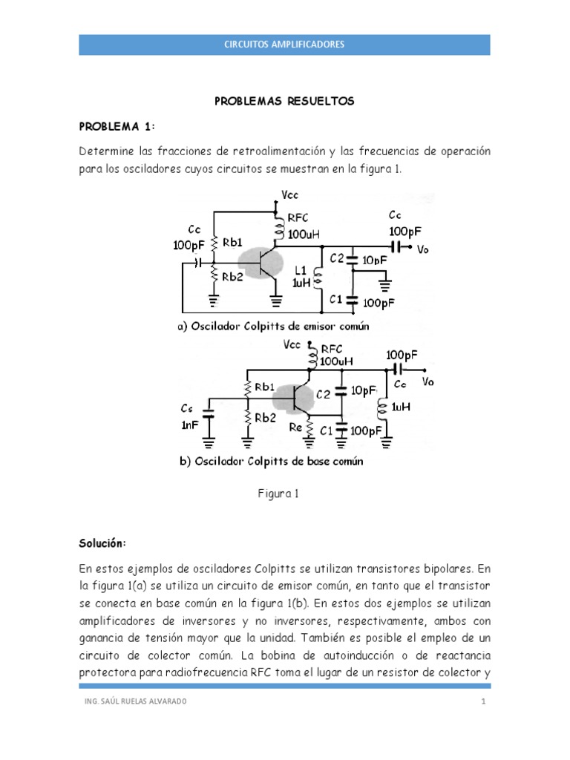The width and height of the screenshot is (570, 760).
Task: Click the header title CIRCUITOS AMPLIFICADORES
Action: [284, 45]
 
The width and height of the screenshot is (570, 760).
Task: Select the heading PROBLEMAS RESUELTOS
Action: [285, 101]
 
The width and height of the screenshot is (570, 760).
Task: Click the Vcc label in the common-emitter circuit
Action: [290, 195]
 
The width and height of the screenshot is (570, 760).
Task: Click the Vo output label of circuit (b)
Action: [427, 381]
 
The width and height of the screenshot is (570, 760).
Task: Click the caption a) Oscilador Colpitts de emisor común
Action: [272, 326]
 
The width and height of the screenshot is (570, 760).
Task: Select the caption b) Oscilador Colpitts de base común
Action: [271, 461]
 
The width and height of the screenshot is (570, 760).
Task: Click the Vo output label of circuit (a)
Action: [423, 249]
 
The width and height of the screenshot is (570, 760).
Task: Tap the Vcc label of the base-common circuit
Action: [292, 345]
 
